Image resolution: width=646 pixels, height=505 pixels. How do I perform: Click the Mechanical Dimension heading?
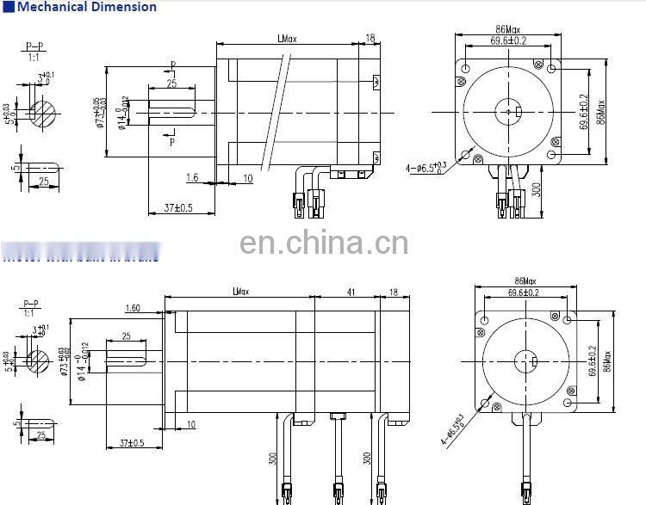87,7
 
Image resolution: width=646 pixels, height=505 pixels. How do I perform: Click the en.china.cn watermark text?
324,243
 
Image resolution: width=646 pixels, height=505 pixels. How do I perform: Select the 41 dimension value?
351,293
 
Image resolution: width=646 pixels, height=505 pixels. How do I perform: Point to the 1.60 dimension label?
133,308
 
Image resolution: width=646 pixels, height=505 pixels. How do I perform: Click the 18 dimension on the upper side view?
370,38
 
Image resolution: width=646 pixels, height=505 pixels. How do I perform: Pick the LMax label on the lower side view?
240,293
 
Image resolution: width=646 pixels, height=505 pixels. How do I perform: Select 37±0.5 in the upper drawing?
177,207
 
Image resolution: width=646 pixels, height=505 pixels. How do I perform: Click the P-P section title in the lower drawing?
31,303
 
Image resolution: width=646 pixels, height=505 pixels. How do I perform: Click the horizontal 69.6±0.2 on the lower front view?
523,293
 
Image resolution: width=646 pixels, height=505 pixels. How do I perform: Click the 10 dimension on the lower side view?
189,423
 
